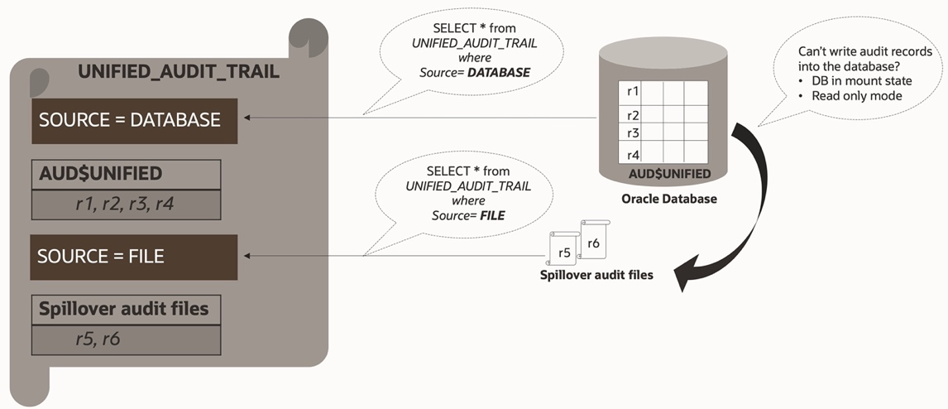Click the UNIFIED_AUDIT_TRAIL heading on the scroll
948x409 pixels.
pyautogui.click(x=178, y=72)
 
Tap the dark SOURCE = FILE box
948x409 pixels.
pyautogui.click(x=134, y=256)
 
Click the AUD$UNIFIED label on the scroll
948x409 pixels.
pyautogui.click(x=100, y=174)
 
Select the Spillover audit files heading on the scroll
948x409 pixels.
pyautogui.click(x=124, y=310)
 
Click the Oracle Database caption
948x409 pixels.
pyautogui.click(x=668, y=199)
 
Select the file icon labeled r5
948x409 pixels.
pyautogui.click(x=563, y=251)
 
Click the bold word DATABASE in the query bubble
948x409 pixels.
pyautogui.click(x=499, y=73)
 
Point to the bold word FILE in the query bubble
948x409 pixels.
pyautogui.click(x=492, y=215)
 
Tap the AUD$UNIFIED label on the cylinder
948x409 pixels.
pyautogui.click(x=668, y=174)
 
